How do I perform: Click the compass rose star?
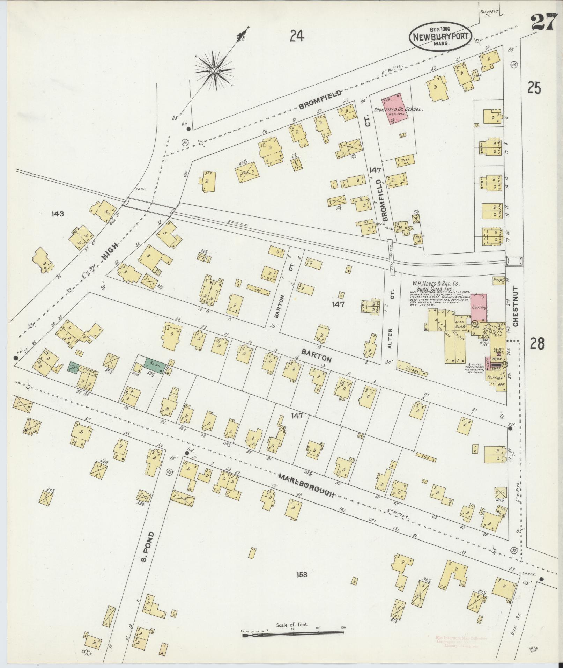[x=214, y=71]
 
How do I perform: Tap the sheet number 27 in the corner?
[x=542, y=24]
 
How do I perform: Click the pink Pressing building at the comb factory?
[x=479, y=308]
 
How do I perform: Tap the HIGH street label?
[x=110, y=251]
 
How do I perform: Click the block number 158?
[x=302, y=574]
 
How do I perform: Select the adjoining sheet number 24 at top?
[x=297, y=36]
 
